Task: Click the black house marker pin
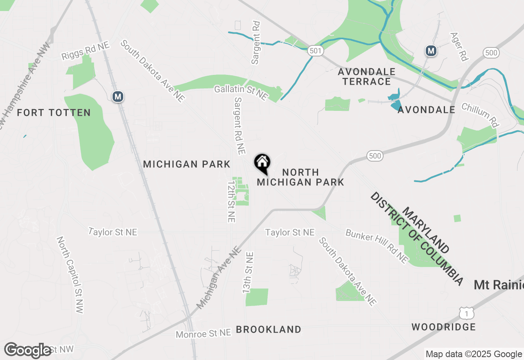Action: coord(262,162)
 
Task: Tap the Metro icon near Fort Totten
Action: coord(118,97)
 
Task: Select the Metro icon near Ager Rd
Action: coord(431,51)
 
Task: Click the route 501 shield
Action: coord(316,51)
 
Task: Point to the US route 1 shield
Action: coord(466,314)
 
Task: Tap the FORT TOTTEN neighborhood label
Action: coord(54,113)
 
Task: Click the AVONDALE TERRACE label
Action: coord(367,76)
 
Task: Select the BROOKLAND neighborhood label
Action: coord(269,329)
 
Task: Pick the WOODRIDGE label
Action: coord(444,327)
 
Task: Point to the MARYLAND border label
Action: coord(426,230)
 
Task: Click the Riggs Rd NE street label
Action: coord(86,51)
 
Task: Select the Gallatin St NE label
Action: coord(241,93)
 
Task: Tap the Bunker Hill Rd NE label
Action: coord(377,246)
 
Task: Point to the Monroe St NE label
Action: coord(203,334)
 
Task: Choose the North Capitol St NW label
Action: coord(70,274)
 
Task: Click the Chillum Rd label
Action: coord(481,115)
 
